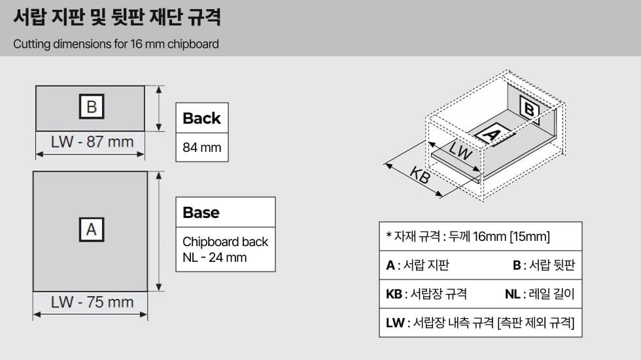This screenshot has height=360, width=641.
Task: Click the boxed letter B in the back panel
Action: pyautogui.click(x=92, y=106)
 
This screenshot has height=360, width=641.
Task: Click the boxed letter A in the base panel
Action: pyautogui.click(x=92, y=230)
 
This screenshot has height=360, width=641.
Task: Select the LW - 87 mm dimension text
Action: pyautogui.click(x=92, y=142)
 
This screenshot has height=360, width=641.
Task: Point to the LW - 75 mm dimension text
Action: pyautogui.click(x=92, y=302)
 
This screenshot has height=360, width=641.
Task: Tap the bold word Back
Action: pyautogui.click(x=201, y=118)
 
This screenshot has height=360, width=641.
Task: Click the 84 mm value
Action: pyautogui.click(x=202, y=147)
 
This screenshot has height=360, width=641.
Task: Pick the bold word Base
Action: pyautogui.click(x=201, y=213)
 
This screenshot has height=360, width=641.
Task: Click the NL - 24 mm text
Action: pyautogui.click(x=215, y=258)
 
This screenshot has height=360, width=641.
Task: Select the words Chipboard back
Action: pyautogui.click(x=225, y=242)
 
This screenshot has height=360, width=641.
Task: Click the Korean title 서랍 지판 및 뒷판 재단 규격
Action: pyautogui.click(x=117, y=17)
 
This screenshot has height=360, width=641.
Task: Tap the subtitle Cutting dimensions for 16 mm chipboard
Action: pyautogui.click(x=116, y=44)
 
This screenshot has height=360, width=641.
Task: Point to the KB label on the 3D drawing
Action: pyautogui.click(x=420, y=175)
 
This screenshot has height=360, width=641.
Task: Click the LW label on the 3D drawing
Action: pyautogui.click(x=460, y=151)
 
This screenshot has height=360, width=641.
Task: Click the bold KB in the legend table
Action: pyautogui.click(x=394, y=294)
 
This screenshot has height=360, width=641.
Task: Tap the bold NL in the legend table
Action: pyautogui.click(x=513, y=294)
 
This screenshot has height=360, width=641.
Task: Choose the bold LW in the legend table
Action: pyautogui.click(x=395, y=323)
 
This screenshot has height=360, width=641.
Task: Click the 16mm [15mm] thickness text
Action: pyautogui.click(x=511, y=236)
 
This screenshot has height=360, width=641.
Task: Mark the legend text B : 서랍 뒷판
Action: pyautogui.click(x=544, y=265)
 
